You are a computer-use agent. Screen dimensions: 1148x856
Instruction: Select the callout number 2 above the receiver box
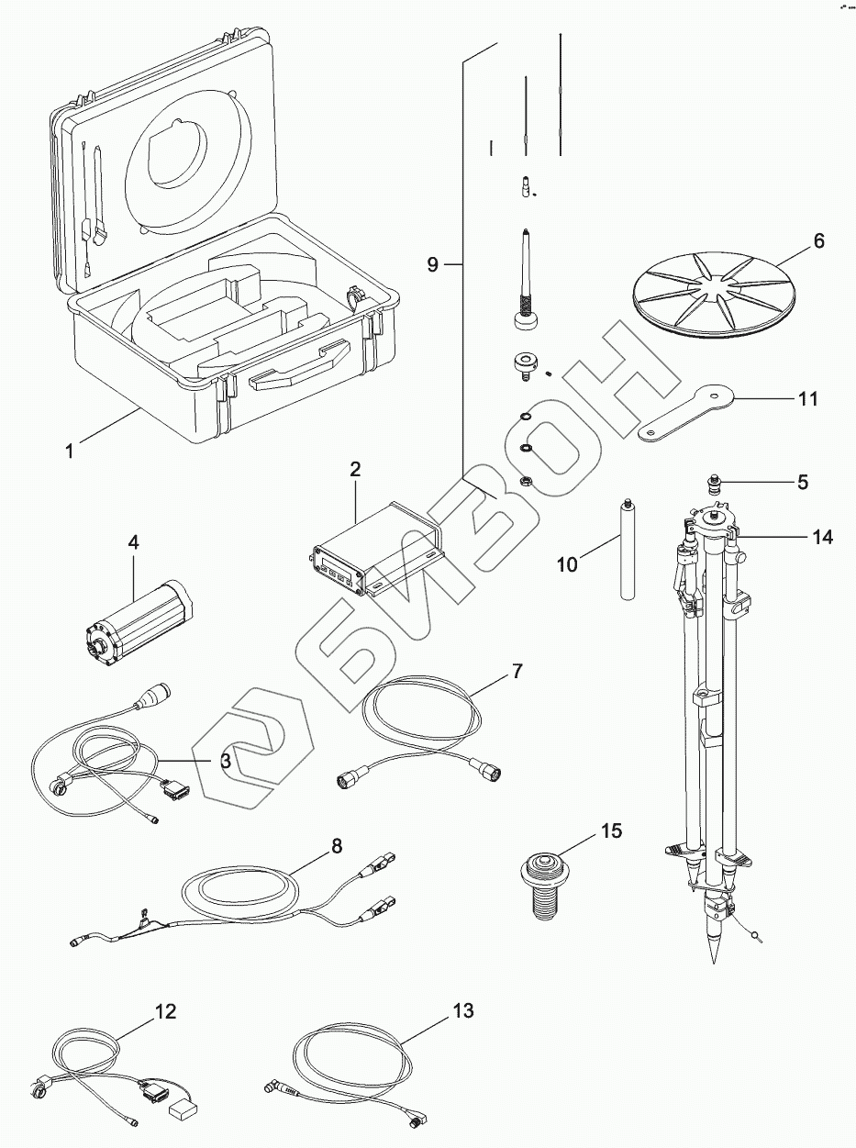coord(355,469)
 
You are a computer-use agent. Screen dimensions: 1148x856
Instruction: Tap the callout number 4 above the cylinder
coord(133,543)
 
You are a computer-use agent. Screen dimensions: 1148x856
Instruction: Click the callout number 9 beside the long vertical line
coord(434,265)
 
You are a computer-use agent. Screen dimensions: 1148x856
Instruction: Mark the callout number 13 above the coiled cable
coord(462,1012)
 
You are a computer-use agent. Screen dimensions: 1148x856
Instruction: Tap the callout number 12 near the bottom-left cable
coord(165,1012)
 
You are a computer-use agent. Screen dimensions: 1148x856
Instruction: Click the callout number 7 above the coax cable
coord(517,671)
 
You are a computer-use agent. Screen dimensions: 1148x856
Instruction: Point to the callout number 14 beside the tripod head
coord(821,538)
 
